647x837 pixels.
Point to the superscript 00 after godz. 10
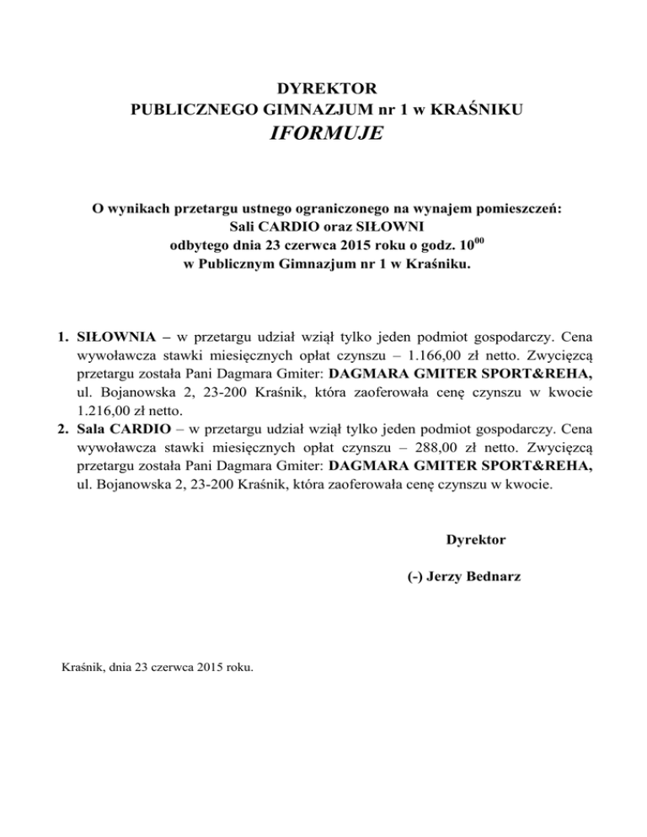click(488, 241)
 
